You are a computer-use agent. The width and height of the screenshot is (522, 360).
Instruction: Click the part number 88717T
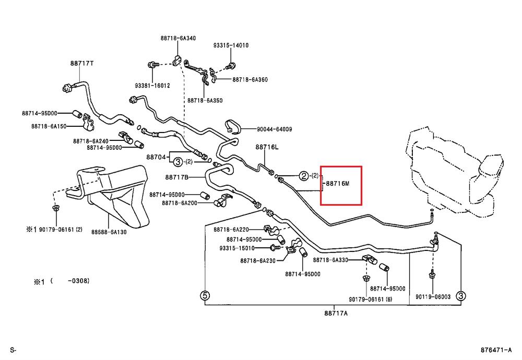click(x=81, y=63)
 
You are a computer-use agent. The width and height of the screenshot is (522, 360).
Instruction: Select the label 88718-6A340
click(x=178, y=38)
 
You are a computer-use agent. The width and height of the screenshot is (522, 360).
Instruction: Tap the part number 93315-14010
click(x=231, y=45)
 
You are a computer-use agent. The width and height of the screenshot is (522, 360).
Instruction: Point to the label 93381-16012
click(x=152, y=86)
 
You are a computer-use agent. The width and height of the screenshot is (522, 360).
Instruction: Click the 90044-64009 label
click(x=275, y=129)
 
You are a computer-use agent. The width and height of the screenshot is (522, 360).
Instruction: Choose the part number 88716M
click(x=338, y=183)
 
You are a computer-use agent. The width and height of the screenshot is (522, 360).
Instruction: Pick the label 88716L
click(x=267, y=147)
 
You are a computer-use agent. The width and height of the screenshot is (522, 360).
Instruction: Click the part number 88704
click(x=156, y=157)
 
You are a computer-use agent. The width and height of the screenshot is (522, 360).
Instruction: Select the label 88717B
click(x=176, y=177)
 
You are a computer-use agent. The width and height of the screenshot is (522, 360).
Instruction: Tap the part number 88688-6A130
click(x=109, y=232)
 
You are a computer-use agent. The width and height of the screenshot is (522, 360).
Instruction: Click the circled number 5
click(x=205, y=295)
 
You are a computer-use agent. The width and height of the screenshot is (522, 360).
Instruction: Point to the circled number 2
click(x=304, y=176)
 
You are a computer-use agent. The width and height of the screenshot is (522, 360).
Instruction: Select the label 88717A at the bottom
click(x=336, y=313)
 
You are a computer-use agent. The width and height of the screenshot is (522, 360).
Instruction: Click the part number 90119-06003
click(x=433, y=297)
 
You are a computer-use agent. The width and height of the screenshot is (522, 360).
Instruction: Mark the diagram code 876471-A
click(x=496, y=350)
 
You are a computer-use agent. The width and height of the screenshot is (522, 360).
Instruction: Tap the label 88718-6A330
click(x=330, y=260)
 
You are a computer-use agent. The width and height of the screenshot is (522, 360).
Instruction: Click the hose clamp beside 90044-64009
click(x=233, y=127)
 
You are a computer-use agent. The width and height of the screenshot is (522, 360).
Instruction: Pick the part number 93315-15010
click(x=237, y=248)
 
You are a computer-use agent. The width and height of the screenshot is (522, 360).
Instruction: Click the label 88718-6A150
click(x=49, y=126)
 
